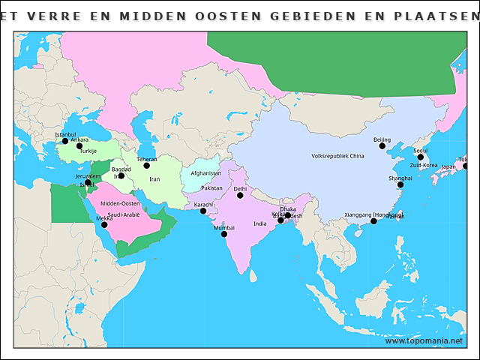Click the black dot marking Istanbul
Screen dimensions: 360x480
(65, 141)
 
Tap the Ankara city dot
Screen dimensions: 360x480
(79, 146)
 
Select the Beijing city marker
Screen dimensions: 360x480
(382, 146)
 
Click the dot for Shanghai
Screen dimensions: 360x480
(400, 184)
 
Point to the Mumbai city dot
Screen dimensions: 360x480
(224, 234)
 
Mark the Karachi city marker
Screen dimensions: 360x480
(203, 211)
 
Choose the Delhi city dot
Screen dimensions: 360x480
(240, 195)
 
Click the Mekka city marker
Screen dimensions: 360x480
(104, 225)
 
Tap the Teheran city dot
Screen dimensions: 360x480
(147, 165)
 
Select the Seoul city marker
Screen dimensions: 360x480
(421, 157)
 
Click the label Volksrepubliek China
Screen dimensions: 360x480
(337, 156)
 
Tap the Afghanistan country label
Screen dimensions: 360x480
(205, 173)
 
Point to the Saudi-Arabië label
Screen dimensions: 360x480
(124, 214)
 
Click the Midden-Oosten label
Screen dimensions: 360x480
(120, 203)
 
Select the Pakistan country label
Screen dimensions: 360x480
(212, 188)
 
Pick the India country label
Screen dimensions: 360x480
(259, 223)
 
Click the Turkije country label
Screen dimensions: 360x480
(88, 151)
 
